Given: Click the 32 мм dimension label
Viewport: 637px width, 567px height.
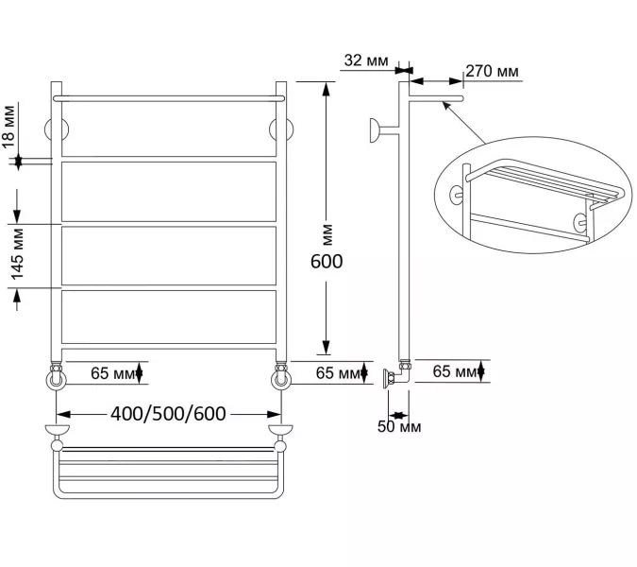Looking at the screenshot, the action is pyautogui.click(x=366, y=60).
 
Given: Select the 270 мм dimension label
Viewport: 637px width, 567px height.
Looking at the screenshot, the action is pyautogui.click(x=492, y=71).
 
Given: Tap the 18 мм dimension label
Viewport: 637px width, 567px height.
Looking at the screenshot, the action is pyautogui.click(x=8, y=127).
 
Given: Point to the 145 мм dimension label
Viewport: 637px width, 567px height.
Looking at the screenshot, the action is pyautogui.click(x=17, y=254).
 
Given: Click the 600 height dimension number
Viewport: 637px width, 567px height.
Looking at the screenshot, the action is pyautogui.click(x=327, y=262).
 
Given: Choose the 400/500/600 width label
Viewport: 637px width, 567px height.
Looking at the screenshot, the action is pyautogui.click(x=168, y=414).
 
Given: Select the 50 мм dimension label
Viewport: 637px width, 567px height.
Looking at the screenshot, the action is pyautogui.click(x=399, y=427).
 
